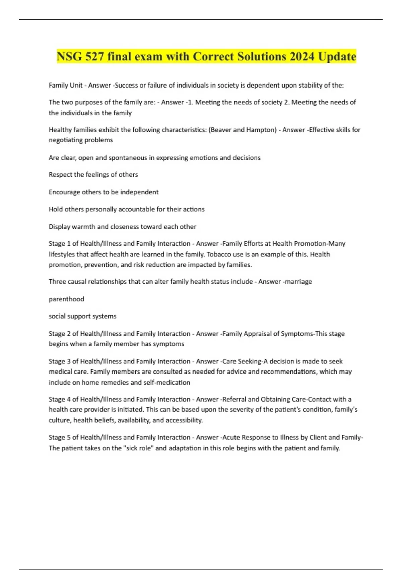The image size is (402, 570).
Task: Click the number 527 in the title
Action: pyautogui.click(x=94, y=56)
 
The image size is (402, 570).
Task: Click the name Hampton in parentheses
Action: pyautogui.click(x=262, y=130)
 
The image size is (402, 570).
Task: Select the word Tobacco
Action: pyautogui.click(x=218, y=254)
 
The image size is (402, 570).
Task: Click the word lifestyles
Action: pyautogui.click(x=62, y=254)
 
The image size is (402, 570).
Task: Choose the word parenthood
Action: pyautogui.click(x=66, y=299)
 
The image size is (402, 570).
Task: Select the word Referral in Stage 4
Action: pyautogui.click(x=234, y=399)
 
